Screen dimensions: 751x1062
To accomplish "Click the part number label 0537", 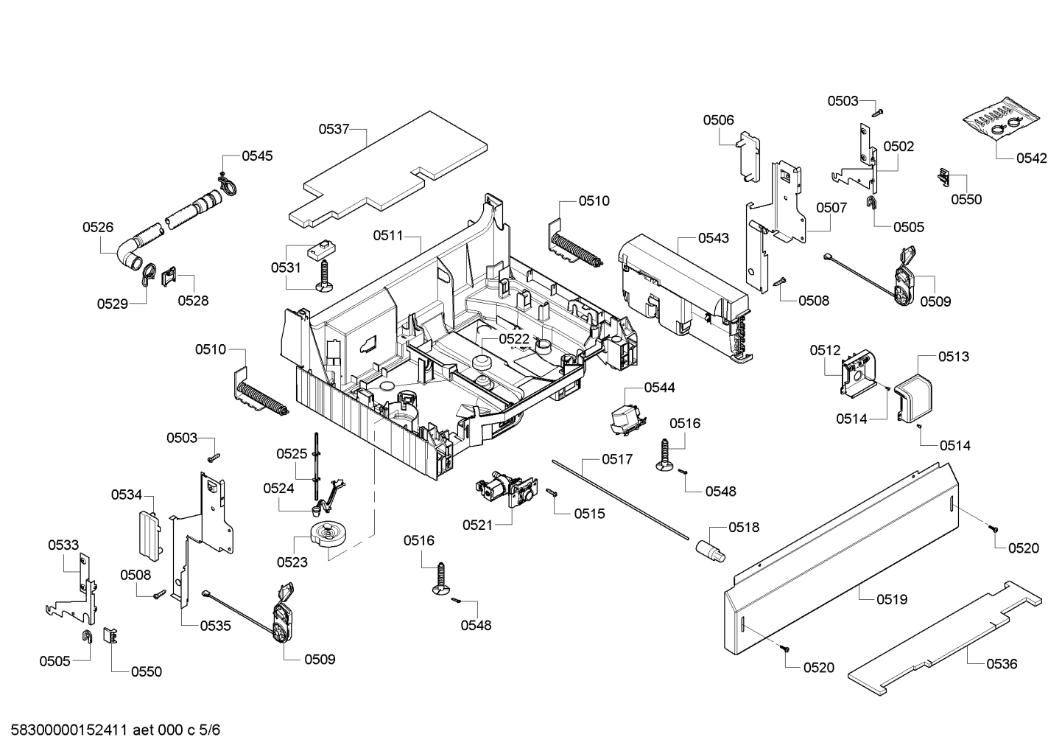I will pyautogui.click(x=334, y=129).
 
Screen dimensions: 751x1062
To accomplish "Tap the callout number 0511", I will pyautogui.click(x=387, y=235).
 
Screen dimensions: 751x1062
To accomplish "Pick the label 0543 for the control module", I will pyautogui.click(x=714, y=237).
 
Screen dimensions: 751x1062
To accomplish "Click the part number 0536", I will pyautogui.click(x=1002, y=663).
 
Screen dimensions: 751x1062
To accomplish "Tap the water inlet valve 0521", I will pyautogui.click(x=502, y=490).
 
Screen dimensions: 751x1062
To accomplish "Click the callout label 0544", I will pyautogui.click(x=659, y=387).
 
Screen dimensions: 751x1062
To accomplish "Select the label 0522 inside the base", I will pyautogui.click(x=514, y=338).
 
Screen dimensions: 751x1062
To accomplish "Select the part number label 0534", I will pyautogui.click(x=127, y=495).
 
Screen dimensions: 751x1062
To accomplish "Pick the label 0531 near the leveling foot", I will pyautogui.click(x=286, y=267).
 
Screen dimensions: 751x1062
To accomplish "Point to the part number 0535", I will pyautogui.click(x=215, y=626).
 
